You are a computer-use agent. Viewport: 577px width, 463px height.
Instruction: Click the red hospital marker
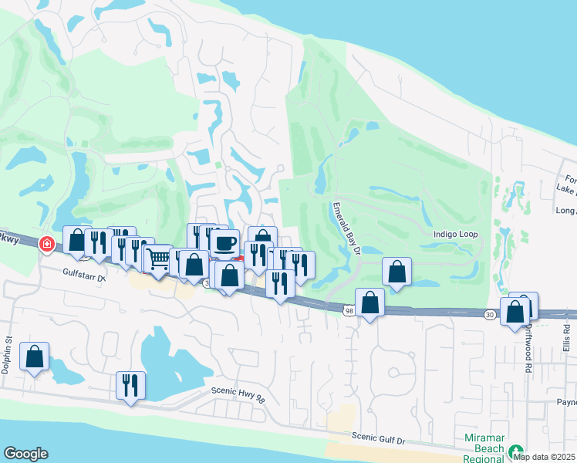(47, 244)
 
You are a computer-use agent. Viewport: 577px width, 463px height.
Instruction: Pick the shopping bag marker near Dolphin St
(35, 357)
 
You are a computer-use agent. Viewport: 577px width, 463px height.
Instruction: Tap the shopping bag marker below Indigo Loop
(396, 272)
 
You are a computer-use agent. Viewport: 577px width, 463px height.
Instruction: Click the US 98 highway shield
(349, 309)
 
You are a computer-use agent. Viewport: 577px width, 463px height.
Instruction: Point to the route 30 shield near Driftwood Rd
(491, 314)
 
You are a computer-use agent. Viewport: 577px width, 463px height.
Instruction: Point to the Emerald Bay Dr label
(346, 229)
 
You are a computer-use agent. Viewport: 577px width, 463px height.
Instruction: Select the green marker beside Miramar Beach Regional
(515, 451)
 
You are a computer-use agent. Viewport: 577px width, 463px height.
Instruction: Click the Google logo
(25, 454)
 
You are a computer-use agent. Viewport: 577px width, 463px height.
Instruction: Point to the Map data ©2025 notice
(544, 457)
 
